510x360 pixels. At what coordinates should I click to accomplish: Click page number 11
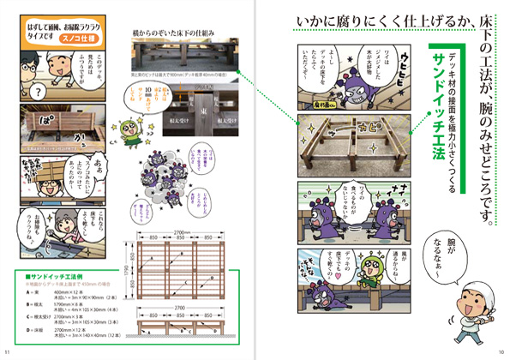tap(7, 351)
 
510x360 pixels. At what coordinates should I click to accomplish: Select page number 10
tap(501, 351)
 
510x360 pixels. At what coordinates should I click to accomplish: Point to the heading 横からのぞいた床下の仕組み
tap(172, 31)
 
